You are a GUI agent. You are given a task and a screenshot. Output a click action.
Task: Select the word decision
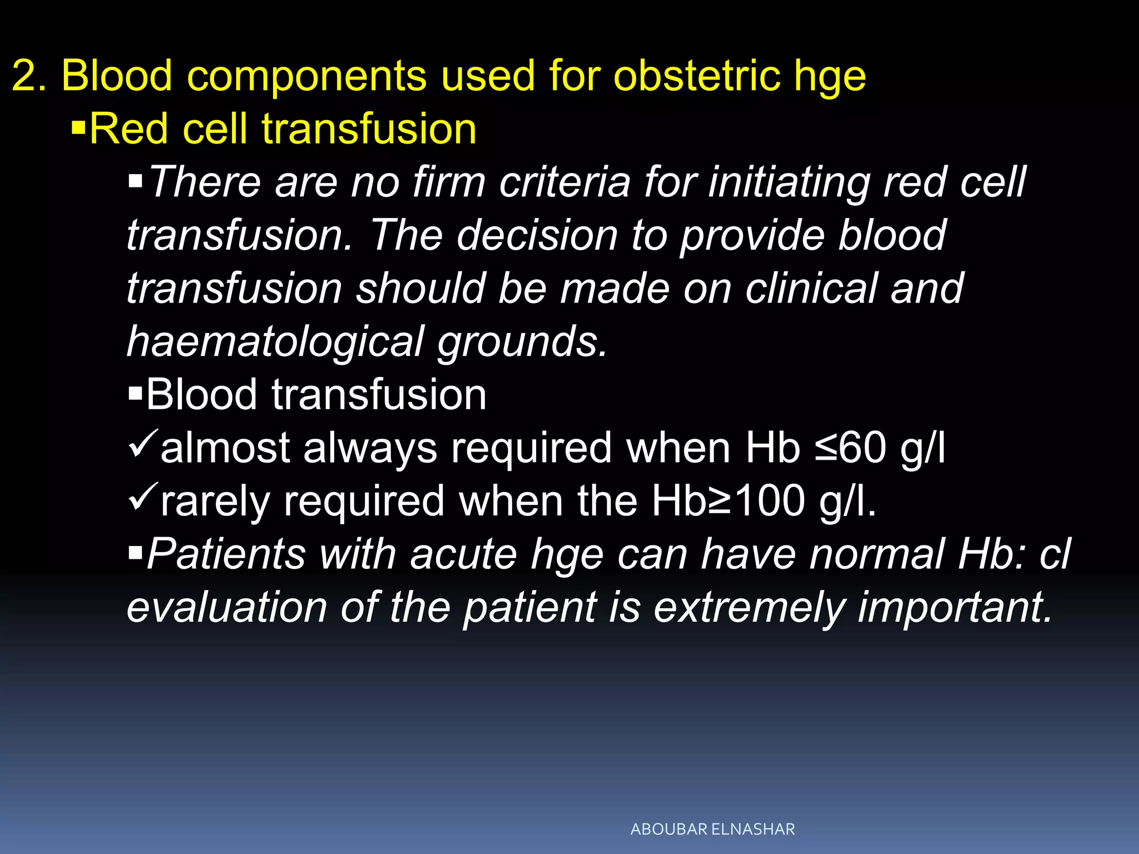[537, 235]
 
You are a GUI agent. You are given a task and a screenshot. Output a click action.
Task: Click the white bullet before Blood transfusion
[135, 395]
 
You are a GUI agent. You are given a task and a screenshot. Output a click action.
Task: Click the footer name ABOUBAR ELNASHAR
[712, 830]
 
